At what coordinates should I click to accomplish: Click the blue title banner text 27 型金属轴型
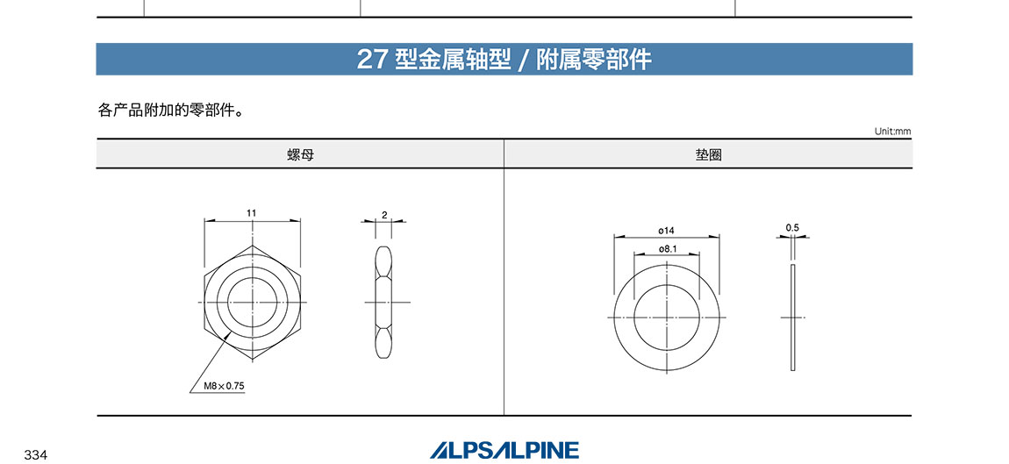(433, 60)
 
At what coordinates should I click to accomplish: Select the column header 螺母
(300, 154)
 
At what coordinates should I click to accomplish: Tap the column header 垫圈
(708, 154)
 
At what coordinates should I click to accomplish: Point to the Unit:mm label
(892, 132)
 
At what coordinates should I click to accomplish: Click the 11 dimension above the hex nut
(252, 212)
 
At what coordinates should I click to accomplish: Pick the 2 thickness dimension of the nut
(384, 215)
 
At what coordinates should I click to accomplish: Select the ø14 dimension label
(666, 230)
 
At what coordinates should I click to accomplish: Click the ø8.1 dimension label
(667, 248)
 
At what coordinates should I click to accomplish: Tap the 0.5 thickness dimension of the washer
(792, 227)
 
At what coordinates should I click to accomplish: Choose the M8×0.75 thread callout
(225, 386)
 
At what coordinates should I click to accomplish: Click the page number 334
(36, 455)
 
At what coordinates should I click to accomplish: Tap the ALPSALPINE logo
(504, 450)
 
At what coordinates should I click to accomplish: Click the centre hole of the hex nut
(253, 303)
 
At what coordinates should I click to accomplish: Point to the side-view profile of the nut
(383, 302)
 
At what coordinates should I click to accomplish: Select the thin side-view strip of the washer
(793, 318)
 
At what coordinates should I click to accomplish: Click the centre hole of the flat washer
(667, 318)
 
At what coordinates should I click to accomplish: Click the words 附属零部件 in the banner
(594, 60)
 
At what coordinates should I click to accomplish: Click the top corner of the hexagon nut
(253, 246)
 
